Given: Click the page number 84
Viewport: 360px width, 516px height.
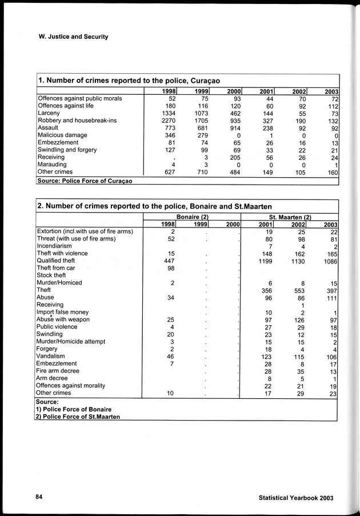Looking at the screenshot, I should [39, 497].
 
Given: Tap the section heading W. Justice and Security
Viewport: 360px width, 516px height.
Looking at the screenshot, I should [72, 37].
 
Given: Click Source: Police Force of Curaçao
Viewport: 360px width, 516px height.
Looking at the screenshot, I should [83, 181].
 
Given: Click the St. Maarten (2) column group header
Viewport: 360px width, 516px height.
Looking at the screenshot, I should [290, 217].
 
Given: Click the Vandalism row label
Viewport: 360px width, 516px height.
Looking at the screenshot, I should [53, 356].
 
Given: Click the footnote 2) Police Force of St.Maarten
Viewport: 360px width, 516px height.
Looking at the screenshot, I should [81, 417].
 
